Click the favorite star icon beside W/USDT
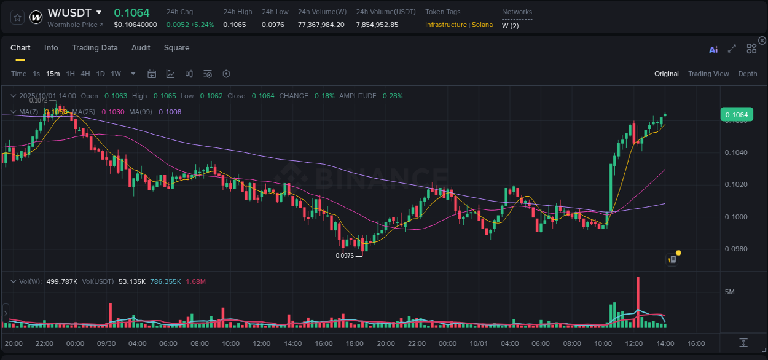[x=18, y=17]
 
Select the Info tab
[x=51, y=48]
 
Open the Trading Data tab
[x=95, y=48]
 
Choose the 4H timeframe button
[x=85, y=74]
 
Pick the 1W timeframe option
[x=116, y=74]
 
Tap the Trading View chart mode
[x=708, y=74]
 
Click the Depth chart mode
[x=747, y=74]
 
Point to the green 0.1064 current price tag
[x=736, y=115]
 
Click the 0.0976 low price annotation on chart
[x=345, y=256]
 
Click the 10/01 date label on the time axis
[x=478, y=343]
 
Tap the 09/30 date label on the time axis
[x=106, y=343]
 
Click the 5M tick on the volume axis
[x=729, y=292]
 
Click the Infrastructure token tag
[x=445, y=25]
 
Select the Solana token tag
[x=482, y=25]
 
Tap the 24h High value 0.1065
[x=234, y=25]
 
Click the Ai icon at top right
[x=713, y=50]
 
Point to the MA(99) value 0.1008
[x=170, y=112]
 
